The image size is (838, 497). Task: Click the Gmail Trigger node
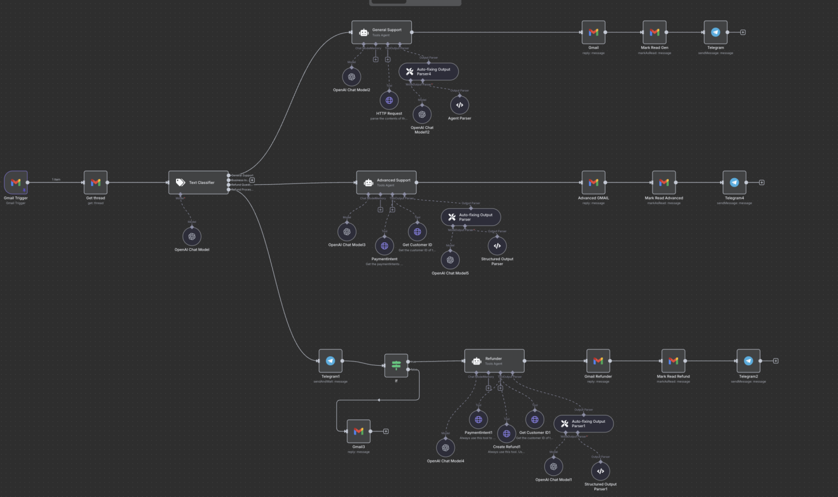(16, 183)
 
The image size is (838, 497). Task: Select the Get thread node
(96, 183)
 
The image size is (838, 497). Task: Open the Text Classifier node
(198, 183)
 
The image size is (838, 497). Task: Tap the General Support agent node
(382, 32)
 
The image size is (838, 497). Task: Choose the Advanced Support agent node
(387, 183)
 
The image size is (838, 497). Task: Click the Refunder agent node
(494, 361)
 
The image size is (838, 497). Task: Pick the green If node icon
(396, 366)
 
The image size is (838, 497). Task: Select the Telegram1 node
(330, 361)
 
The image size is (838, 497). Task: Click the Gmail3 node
(359, 431)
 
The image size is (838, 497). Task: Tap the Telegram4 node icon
(734, 183)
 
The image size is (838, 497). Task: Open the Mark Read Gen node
(654, 32)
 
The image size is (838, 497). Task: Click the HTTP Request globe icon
(389, 101)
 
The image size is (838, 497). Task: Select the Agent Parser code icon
(460, 105)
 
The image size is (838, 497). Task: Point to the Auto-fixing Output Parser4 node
(428, 71)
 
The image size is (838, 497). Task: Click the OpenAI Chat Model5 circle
(450, 260)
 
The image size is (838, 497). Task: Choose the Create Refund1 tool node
(507, 433)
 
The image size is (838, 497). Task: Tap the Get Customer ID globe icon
(417, 231)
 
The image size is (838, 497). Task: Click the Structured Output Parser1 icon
(601, 471)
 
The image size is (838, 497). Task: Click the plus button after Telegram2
(776, 361)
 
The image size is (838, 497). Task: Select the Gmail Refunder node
(598, 361)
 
